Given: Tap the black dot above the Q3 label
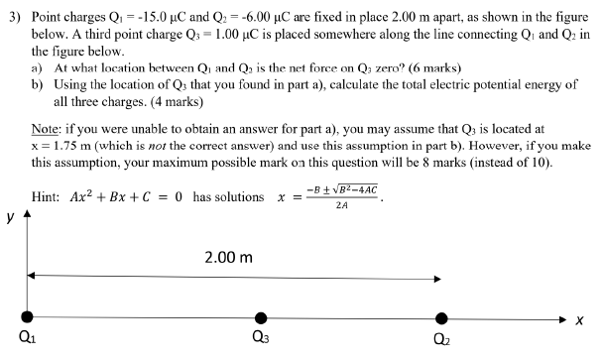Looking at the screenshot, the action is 261,317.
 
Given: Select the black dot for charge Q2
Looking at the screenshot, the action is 440,317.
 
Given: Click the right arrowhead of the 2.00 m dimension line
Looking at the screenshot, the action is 438,275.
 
